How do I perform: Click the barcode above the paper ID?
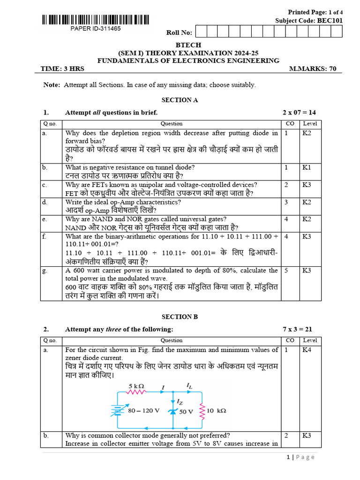[96, 20]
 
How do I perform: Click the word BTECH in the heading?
[188, 45]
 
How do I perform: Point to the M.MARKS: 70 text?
[313, 68]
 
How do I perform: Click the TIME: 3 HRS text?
[62, 68]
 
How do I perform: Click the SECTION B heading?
[180, 317]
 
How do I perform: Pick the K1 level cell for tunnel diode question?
[309, 167]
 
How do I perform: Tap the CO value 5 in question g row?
[286, 270]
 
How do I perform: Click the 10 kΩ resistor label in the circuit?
[216, 411]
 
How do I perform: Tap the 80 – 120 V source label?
[144, 411]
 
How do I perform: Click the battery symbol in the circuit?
[117, 411]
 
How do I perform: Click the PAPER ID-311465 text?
[96, 29]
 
